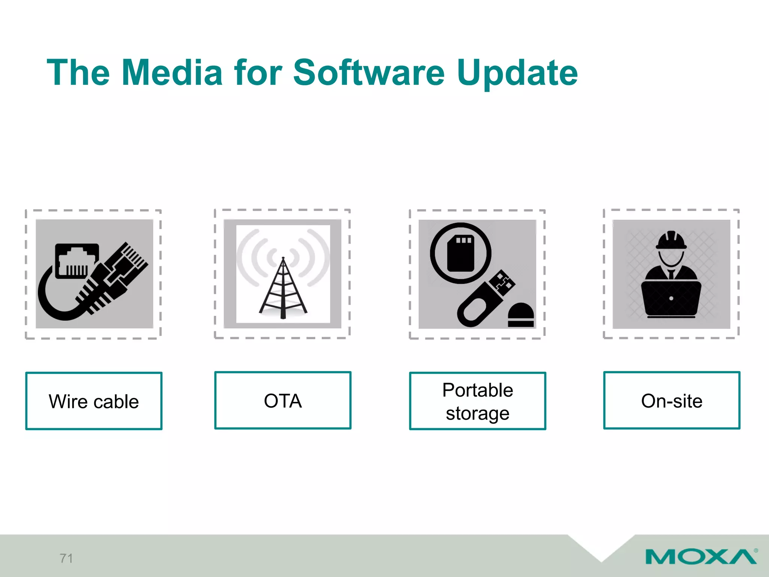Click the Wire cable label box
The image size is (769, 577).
(94, 401)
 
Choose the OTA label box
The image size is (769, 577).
(283, 400)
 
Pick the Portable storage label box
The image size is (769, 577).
(477, 401)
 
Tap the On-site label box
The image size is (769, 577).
(671, 400)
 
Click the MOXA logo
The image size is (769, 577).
(701, 557)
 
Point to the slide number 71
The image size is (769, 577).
(66, 558)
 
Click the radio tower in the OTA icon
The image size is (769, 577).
(283, 289)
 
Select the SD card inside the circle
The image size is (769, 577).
(461, 254)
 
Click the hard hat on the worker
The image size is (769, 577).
(671, 240)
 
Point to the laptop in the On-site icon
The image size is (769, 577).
(671, 299)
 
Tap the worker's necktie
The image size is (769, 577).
(671, 274)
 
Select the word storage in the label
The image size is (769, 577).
(477, 414)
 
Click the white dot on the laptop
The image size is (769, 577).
(671, 299)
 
